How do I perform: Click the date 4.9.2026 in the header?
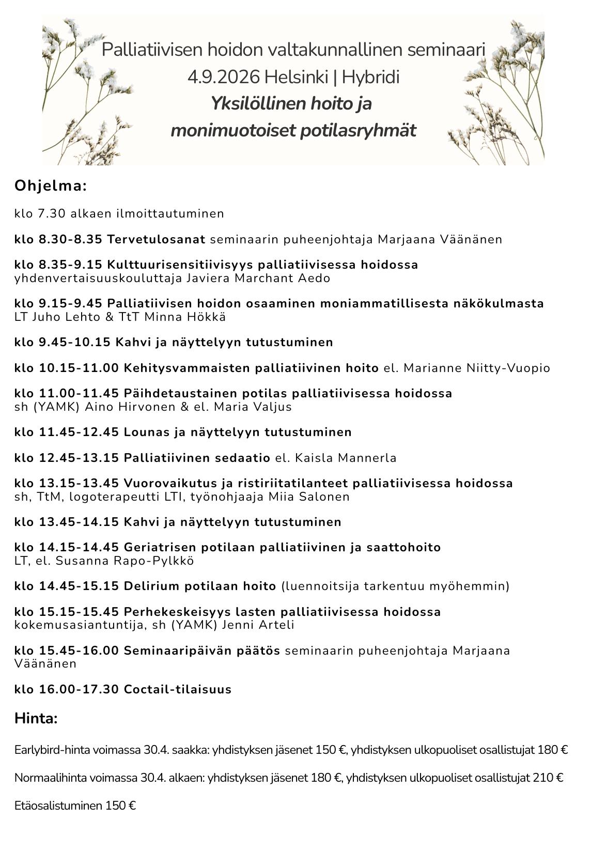(224, 78)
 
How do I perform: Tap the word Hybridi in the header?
(370, 78)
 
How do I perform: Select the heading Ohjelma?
(51, 185)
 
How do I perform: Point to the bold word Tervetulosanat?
(156, 239)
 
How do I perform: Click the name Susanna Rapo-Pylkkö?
(125, 561)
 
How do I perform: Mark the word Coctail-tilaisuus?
(178, 689)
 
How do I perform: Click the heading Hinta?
(36, 718)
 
